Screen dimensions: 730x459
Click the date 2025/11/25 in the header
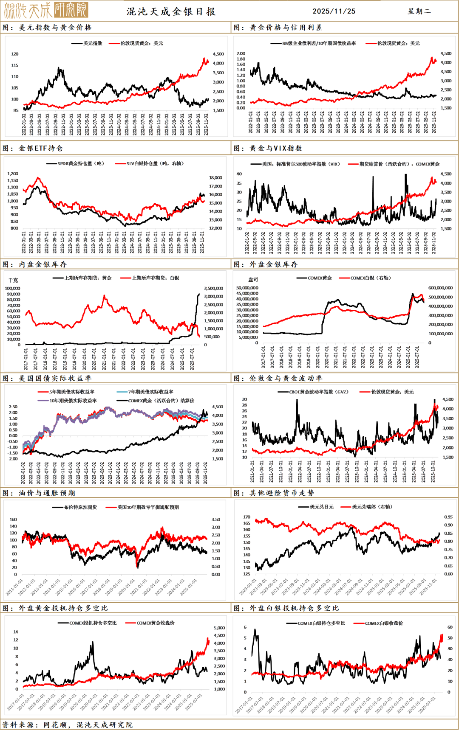[x=334, y=11]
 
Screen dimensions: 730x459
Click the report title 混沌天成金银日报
[x=171, y=11]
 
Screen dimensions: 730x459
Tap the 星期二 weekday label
[x=419, y=11]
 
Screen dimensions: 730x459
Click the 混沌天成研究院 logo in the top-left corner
[x=45, y=10]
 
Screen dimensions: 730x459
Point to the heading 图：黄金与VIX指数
[x=268, y=148]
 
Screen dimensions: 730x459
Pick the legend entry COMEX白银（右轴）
[x=370, y=278]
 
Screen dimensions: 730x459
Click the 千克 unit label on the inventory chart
[x=13, y=281]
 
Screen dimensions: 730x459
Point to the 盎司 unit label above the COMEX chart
[x=253, y=280]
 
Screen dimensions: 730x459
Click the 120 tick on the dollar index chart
[x=15, y=54]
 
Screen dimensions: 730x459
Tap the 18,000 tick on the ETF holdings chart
[x=215, y=178]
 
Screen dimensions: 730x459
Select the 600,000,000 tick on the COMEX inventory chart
[x=440, y=288]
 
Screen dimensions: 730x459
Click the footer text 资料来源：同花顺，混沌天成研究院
[x=68, y=725]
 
